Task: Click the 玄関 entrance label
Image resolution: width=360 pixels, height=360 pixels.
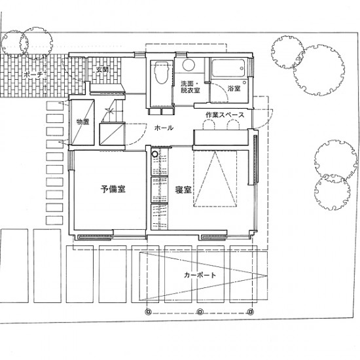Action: point(102,69)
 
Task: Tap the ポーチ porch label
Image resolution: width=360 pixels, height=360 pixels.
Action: point(33,75)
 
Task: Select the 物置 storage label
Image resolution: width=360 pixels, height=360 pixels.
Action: point(82,122)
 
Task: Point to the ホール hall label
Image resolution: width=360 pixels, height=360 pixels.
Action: point(164,128)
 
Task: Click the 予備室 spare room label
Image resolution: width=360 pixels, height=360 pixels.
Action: point(113,189)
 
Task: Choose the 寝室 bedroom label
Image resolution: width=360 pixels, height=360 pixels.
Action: point(183,190)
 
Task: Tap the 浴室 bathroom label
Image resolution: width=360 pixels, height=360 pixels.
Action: point(234,88)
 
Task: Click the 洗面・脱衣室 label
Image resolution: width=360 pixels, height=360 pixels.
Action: point(190,87)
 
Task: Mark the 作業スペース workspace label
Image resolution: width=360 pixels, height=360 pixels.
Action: point(225,115)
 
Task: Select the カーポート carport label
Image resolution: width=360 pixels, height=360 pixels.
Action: point(200,275)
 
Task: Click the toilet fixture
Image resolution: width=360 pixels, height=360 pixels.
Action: point(161,72)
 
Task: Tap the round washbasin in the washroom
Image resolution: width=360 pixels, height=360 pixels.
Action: point(189,65)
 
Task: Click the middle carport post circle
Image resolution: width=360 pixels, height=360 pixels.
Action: point(200,312)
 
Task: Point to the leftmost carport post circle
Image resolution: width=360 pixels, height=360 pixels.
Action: point(149,312)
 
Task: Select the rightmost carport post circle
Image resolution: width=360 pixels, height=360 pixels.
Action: point(250,312)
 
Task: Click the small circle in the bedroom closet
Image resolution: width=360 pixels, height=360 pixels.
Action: point(154,154)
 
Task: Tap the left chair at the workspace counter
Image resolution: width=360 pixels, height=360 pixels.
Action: point(209,126)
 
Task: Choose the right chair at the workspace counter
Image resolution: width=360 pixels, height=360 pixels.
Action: point(233,126)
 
